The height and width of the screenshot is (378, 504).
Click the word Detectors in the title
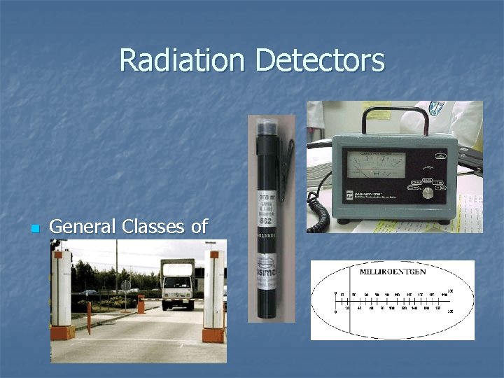(320, 60)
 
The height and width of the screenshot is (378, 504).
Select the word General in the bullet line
(83, 227)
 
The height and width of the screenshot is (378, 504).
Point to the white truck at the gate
(177, 283)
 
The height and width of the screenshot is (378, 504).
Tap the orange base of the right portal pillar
(213, 335)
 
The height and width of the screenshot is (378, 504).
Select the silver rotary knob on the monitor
(426, 192)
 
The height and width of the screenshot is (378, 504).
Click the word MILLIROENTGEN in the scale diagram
(392, 271)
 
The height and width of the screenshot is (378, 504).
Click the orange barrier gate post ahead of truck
(141, 304)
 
